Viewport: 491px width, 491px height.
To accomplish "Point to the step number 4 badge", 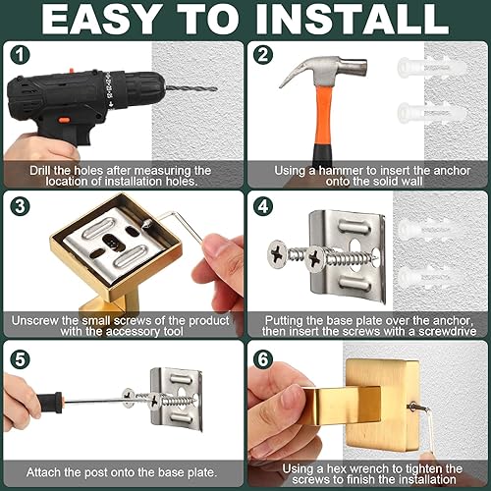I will coord(261,207).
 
